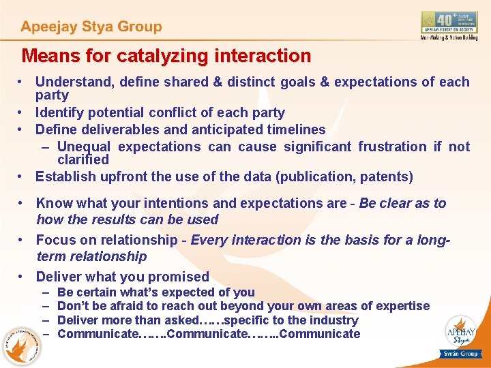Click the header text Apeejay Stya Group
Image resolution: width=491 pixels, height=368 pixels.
pos(91,27)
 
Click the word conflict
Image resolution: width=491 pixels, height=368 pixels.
pos(168,112)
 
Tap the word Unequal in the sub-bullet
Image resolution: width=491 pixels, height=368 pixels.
pos(85,147)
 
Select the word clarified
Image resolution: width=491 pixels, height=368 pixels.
pos(83,159)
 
